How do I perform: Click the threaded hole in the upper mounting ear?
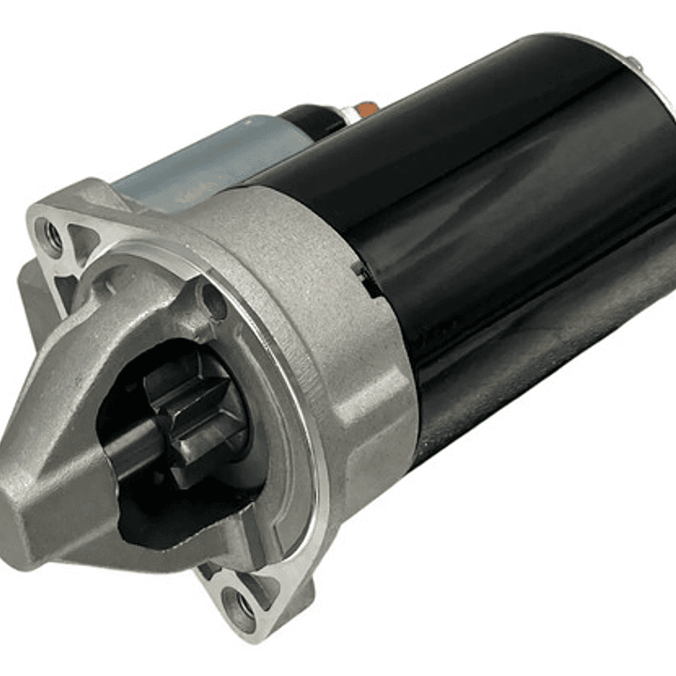point(50,234)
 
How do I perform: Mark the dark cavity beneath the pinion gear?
point(179,508)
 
